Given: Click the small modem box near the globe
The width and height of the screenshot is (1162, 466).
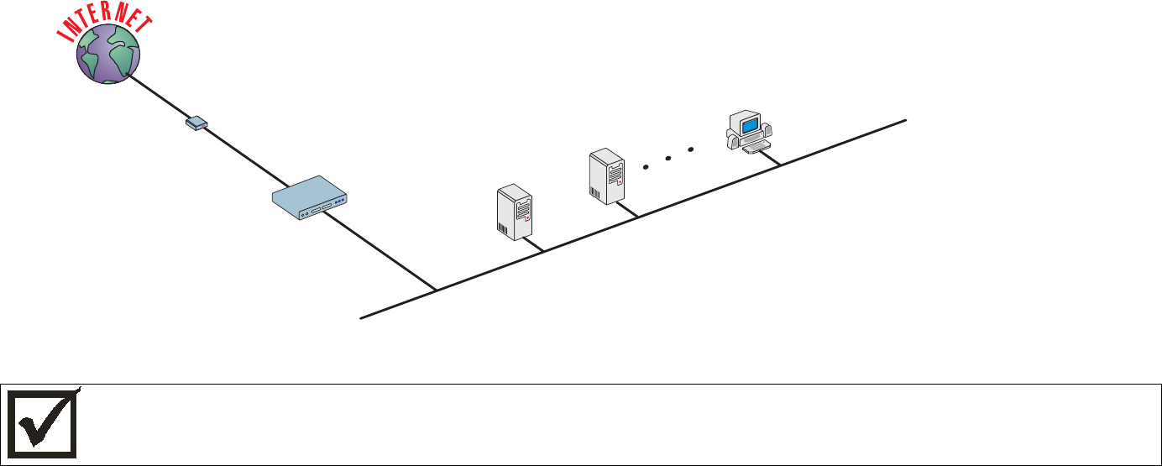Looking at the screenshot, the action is point(196,124).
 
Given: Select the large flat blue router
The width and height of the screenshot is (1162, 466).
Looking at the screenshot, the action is point(311,198).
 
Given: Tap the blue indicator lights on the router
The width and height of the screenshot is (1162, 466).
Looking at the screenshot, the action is point(339,202).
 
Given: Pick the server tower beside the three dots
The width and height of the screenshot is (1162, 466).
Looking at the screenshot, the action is point(607,175).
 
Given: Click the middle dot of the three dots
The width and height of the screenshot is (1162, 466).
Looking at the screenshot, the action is point(668,158).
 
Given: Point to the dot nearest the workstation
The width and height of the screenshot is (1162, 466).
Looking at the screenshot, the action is point(691,149).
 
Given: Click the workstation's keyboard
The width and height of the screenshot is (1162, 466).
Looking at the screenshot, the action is point(756,149).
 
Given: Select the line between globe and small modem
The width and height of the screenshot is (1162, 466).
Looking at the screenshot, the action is point(160,97).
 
